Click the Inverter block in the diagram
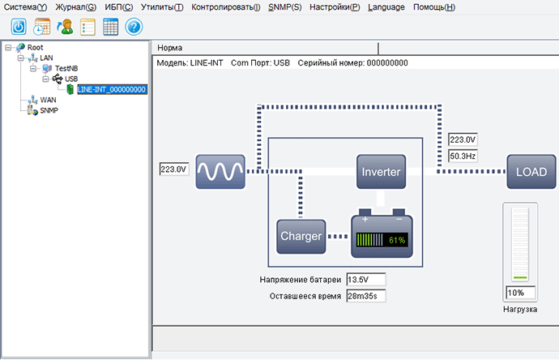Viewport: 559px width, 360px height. pos(381,172)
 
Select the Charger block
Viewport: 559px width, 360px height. pos(301,236)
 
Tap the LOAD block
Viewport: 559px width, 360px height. pos(532,172)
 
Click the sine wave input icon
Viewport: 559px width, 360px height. pos(220,172)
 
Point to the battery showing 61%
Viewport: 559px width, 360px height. pos(382,236)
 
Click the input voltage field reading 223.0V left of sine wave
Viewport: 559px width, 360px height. pos(174,169)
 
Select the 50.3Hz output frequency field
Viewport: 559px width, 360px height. pos(463,155)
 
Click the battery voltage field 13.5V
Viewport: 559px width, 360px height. pos(365,280)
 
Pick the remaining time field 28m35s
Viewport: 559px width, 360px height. pos(365,295)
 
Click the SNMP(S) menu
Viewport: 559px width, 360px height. pos(284,7)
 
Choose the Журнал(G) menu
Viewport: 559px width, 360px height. pos(75,7)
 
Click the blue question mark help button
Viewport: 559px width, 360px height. pos(134,27)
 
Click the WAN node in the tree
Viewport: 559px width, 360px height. pos(49,100)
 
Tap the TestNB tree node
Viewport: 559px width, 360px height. pos(66,68)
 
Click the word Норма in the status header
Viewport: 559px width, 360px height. pos(170,48)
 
